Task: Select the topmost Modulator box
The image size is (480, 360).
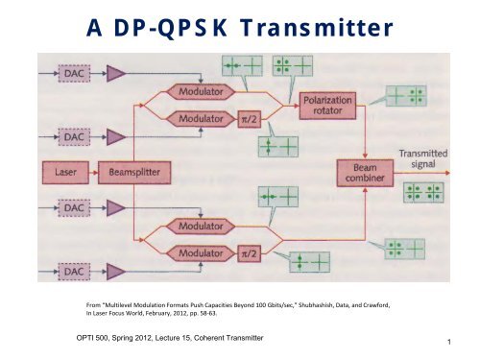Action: [204, 93]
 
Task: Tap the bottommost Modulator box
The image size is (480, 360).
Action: [204, 252]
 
